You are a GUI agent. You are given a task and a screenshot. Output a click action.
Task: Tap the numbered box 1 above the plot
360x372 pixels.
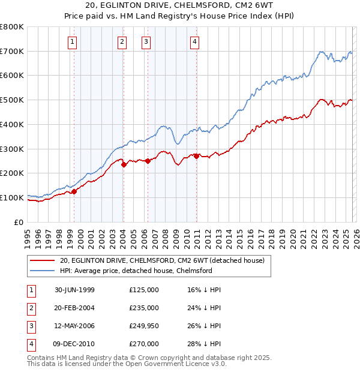tap(72, 41)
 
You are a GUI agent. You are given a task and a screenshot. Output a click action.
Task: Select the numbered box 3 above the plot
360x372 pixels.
tap(146, 41)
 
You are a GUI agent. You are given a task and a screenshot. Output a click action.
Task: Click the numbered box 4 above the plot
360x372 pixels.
tap(195, 41)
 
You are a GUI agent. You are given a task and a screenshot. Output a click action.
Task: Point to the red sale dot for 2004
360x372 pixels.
tap(124, 164)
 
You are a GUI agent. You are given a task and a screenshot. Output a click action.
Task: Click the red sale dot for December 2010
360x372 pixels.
tap(196, 156)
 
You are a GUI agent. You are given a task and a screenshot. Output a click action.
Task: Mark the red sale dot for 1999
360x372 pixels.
tap(74, 191)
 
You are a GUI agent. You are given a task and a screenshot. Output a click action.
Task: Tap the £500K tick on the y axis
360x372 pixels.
tap(12, 100)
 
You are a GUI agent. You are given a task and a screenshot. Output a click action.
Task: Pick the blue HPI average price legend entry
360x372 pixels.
tap(136, 271)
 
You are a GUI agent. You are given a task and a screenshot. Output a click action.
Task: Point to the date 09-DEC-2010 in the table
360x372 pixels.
tap(74, 344)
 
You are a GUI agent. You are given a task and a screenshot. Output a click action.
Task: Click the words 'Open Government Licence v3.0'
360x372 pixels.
tap(174, 364)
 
